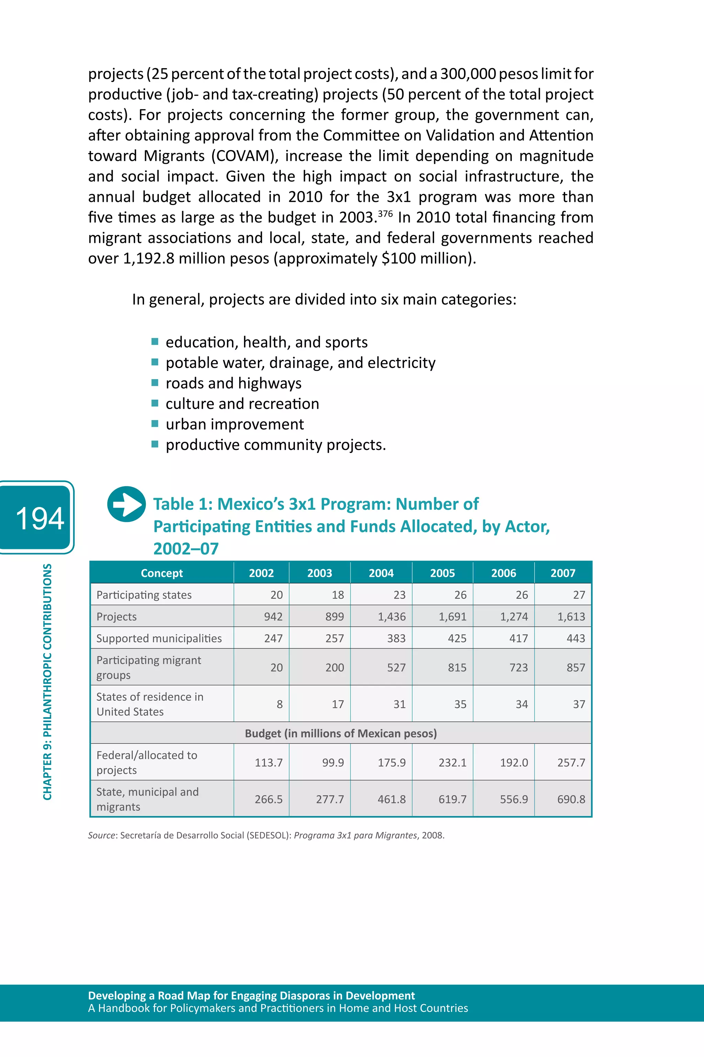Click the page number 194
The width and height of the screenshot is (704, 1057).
click(40, 518)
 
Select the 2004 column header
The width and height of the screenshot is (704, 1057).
click(381, 573)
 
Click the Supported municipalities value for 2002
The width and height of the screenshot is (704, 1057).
click(273, 638)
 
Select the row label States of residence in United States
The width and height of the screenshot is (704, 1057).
click(150, 703)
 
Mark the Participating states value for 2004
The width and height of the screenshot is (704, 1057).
click(399, 595)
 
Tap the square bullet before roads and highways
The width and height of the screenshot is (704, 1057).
click(155, 383)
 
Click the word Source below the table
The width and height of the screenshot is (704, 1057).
click(102, 835)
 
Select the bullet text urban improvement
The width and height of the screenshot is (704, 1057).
click(234, 424)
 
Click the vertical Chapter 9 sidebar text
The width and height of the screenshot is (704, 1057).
click(47, 681)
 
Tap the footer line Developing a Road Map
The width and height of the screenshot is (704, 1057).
click(251, 995)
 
